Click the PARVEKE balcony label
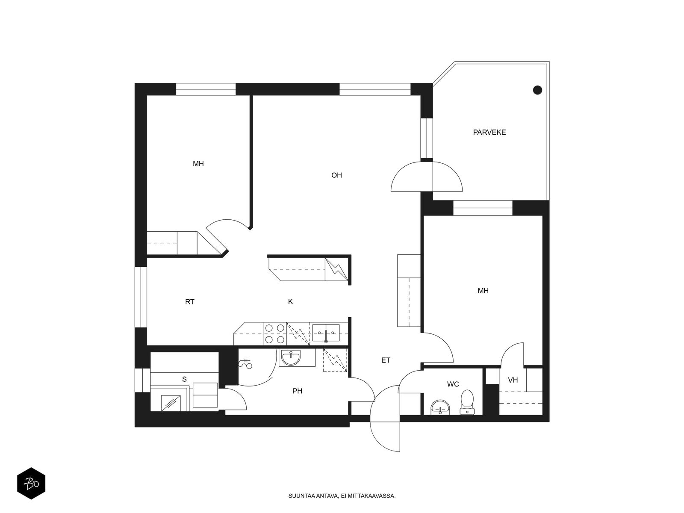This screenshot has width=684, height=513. pos(489,133)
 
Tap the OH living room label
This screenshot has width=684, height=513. pos(336,175)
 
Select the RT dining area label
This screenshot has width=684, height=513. pos(190,302)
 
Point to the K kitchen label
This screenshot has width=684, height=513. pos(290,301)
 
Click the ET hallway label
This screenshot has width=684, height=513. pos(386,360)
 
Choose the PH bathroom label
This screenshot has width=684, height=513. pos(297,391)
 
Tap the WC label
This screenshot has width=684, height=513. pos(453,384)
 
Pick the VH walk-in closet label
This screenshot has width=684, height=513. pos(513,380)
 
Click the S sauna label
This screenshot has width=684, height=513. pos(185,379)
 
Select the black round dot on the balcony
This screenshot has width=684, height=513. pos(537,90)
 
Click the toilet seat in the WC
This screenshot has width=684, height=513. pos(467,402)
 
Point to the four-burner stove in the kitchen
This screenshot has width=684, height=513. pos(275,334)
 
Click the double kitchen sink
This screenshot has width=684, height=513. pos(326,333)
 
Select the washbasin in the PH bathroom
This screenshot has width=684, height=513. pos(291,357)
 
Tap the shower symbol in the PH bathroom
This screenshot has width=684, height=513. pos(245,363)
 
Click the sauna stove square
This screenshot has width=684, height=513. pos(171,403)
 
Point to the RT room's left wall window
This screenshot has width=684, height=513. pos(141,297)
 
